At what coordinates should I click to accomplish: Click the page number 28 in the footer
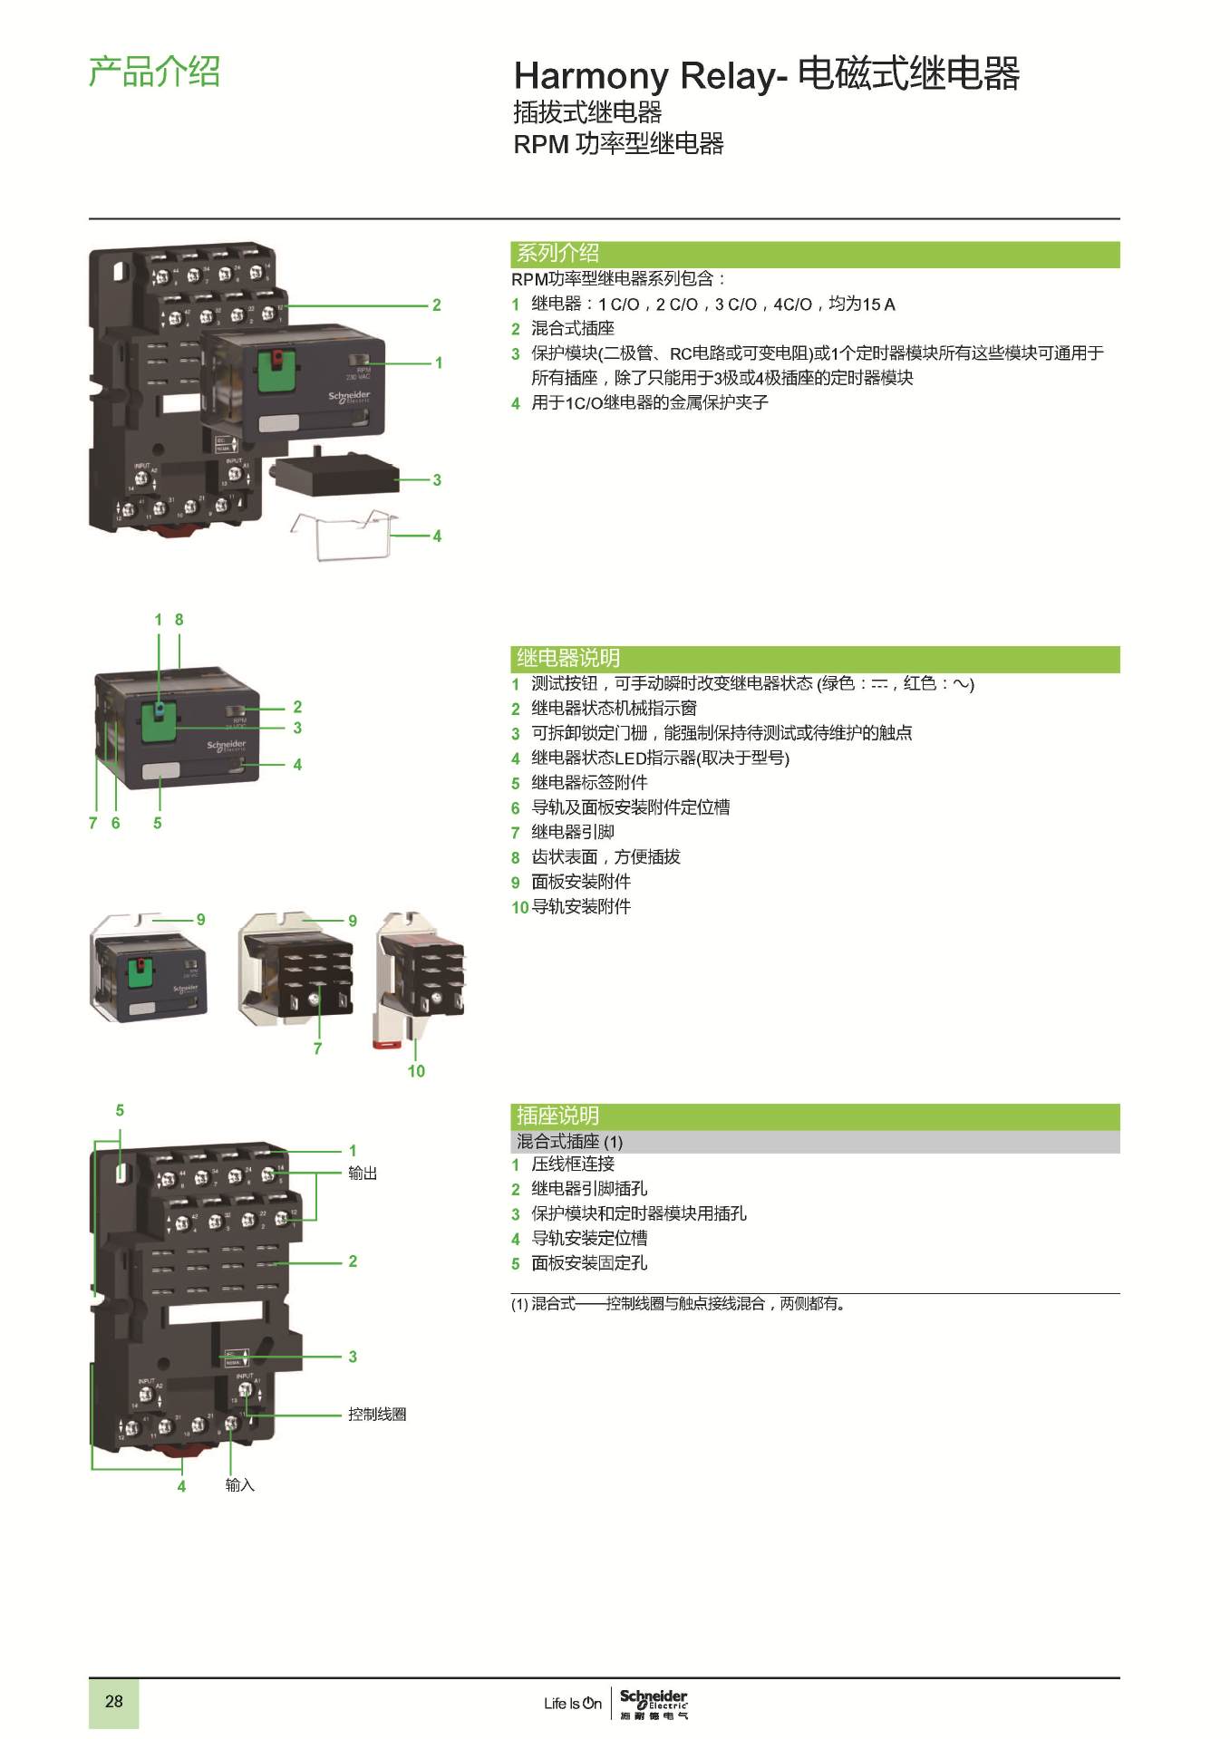tap(113, 1701)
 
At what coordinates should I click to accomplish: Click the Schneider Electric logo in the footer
tap(654, 1703)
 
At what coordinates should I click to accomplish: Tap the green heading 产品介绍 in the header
tap(154, 72)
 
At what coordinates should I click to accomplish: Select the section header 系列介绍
tap(557, 253)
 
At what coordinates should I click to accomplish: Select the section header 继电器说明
tap(568, 658)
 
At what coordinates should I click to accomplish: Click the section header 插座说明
tap(557, 1116)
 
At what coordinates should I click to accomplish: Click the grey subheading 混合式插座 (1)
tap(569, 1142)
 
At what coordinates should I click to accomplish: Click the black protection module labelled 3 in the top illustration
tap(334, 474)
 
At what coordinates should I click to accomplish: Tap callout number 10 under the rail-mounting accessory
tap(416, 1071)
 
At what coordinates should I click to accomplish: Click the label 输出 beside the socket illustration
tap(363, 1174)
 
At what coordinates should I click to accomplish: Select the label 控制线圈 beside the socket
tap(377, 1415)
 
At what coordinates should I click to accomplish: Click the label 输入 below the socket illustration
tap(240, 1485)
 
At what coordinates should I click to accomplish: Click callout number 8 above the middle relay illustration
tap(179, 620)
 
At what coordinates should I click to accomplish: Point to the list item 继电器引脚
tap(573, 832)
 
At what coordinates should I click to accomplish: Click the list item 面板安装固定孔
tap(589, 1263)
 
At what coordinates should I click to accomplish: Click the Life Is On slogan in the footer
tap(573, 1704)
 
